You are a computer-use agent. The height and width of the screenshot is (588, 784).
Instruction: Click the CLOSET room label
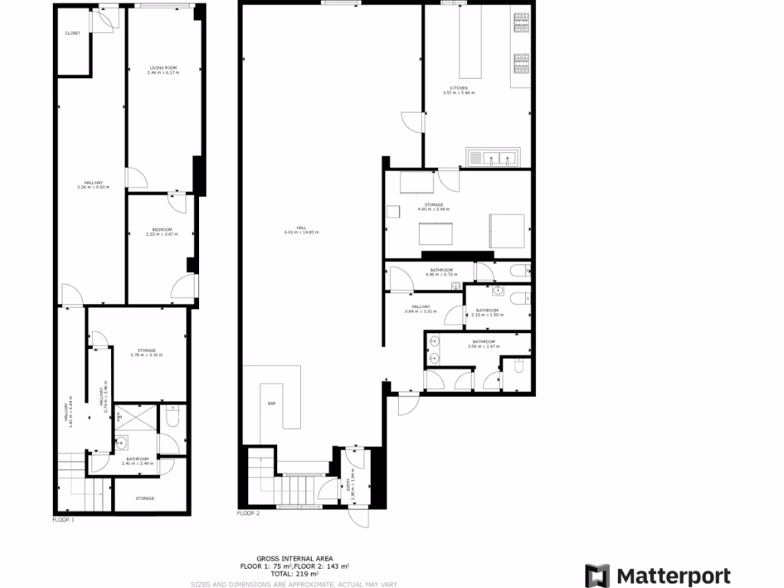73,33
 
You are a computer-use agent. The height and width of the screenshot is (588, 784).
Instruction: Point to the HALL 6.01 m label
296,231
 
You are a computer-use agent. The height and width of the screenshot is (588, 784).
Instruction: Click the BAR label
271,403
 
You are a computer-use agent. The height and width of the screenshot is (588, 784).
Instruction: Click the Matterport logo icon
597,576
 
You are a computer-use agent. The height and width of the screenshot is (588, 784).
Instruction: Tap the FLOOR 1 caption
64,519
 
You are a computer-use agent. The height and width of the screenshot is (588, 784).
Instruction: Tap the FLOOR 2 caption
249,513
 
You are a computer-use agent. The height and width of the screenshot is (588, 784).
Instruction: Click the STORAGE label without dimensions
145,498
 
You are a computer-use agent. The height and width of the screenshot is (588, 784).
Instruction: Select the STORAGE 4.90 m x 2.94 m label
433,207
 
